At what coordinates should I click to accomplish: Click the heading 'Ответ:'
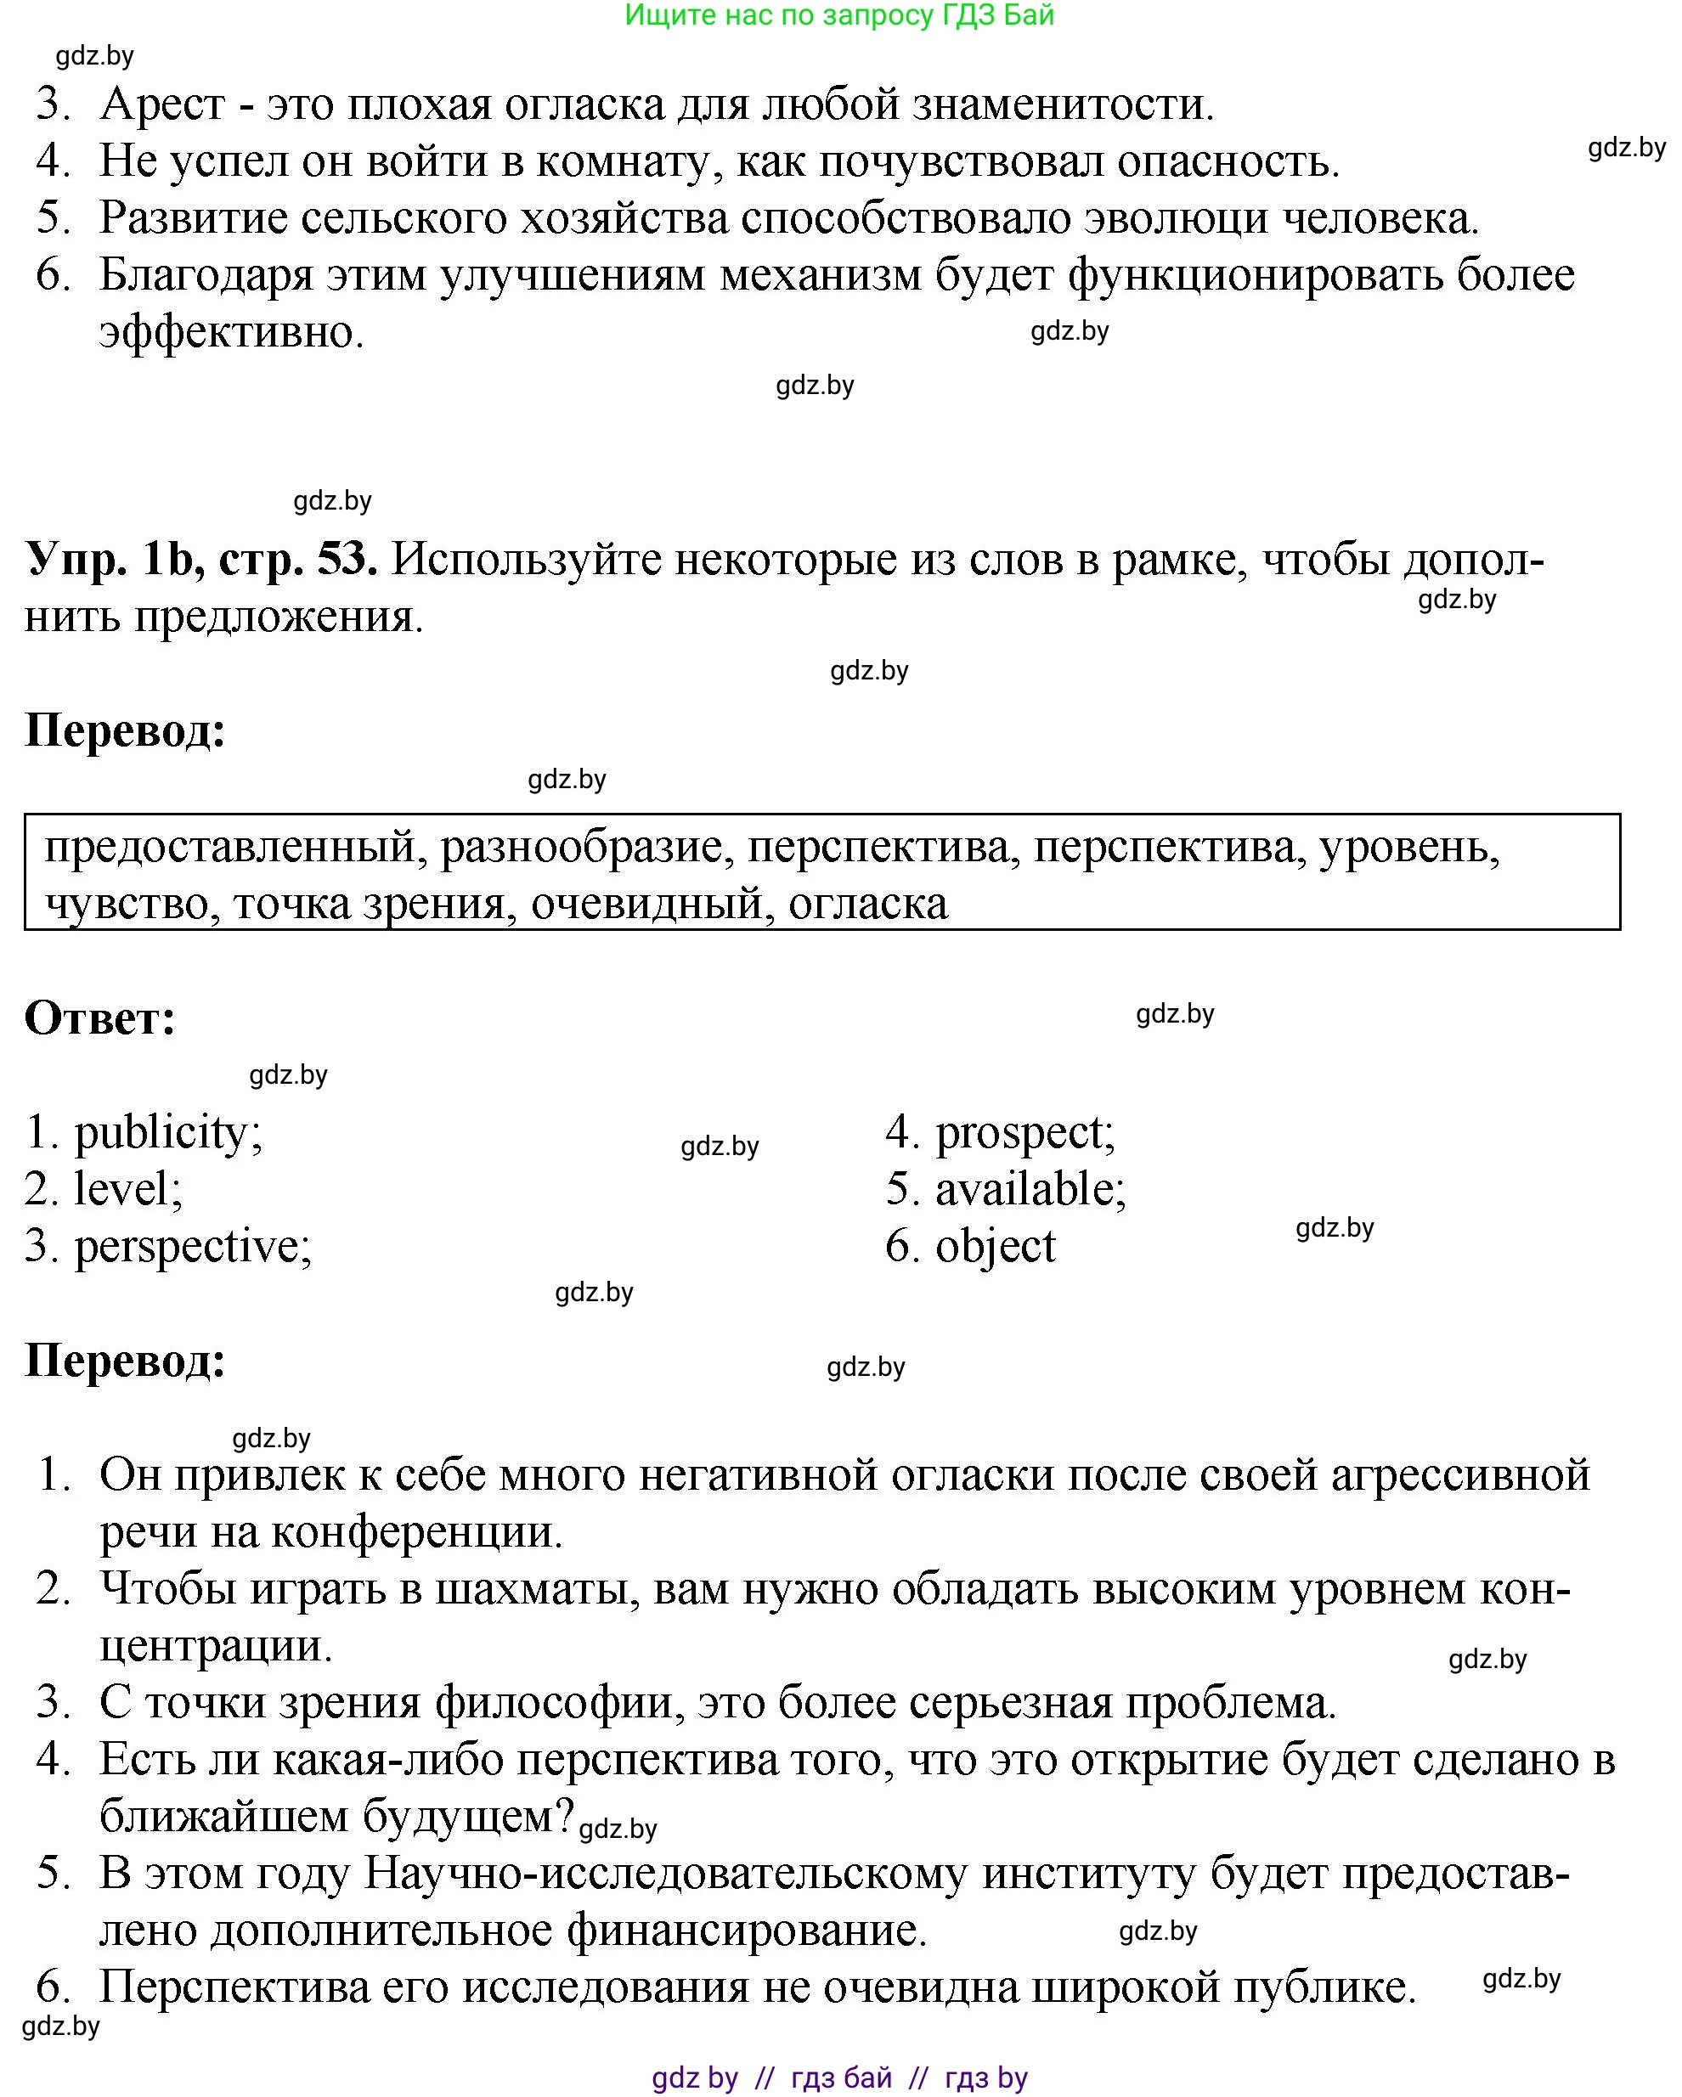[x=100, y=1018]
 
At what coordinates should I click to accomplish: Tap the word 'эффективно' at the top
[x=230, y=333]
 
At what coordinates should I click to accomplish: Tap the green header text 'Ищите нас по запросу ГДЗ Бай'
[x=838, y=15]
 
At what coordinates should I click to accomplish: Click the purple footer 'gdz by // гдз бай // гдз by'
[x=838, y=2077]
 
